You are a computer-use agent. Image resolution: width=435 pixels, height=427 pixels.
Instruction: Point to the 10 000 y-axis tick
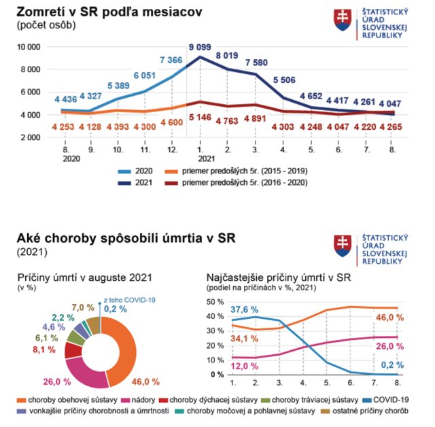[x=29, y=47]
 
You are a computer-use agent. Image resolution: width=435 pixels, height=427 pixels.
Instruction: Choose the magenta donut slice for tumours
[x=85, y=368]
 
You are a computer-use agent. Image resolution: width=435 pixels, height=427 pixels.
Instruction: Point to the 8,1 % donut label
[x=46, y=351]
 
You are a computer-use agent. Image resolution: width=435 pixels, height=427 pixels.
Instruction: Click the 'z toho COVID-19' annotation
[x=130, y=298]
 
